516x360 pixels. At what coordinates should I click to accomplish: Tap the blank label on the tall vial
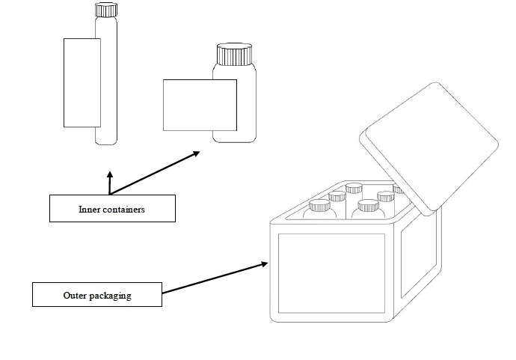(82, 82)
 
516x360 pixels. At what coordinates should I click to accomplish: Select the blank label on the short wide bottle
(200, 105)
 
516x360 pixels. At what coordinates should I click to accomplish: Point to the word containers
(125, 209)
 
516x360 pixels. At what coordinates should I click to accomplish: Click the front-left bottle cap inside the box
(321, 204)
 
